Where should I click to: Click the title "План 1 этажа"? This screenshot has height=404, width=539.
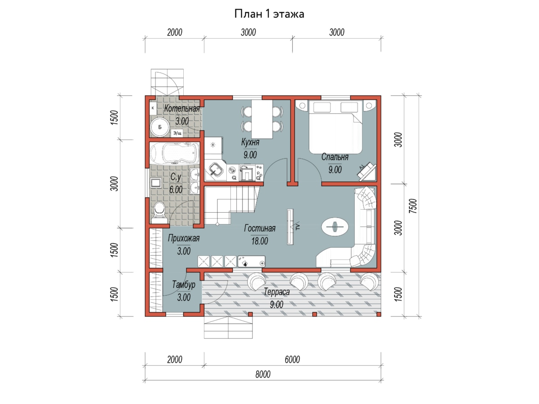coord(269,14)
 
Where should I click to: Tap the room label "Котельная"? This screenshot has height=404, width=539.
coord(182,109)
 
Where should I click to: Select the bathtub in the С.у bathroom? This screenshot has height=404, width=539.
coord(175,154)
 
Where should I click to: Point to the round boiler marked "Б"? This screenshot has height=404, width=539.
coord(159,127)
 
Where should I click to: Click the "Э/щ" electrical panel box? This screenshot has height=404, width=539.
coord(177,133)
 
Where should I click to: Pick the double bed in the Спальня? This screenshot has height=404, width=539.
coord(336,127)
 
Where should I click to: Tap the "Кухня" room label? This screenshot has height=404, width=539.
coord(250,142)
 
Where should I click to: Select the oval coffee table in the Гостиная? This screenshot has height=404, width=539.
coord(335,227)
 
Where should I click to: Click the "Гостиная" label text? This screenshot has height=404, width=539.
coord(260,228)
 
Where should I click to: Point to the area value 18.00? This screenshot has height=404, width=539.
coord(260,241)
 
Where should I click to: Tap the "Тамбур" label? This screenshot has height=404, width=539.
coord(184,285)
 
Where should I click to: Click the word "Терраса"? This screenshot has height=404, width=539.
coord(277,292)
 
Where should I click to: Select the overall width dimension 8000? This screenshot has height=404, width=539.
coord(263,374)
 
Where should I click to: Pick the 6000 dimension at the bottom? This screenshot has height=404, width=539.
coord(292,360)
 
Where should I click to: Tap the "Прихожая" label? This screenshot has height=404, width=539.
coord(184,238)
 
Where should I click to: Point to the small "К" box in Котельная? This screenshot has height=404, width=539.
coord(153,108)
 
